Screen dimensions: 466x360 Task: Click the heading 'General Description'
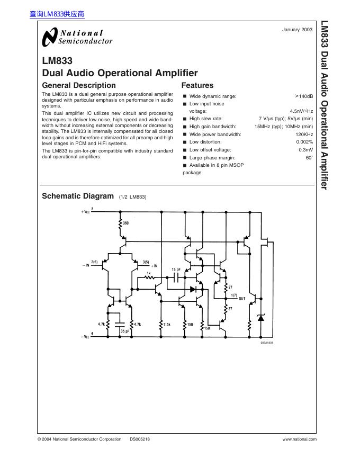pos(78,85)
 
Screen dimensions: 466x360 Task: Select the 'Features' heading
pos(197,85)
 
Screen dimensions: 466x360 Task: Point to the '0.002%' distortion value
pos(304,142)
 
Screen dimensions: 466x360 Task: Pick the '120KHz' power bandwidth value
pos(304,135)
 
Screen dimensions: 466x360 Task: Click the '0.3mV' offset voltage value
pos(305,150)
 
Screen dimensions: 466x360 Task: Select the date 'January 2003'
pos(297,30)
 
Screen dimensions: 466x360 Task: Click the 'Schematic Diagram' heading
pos(78,196)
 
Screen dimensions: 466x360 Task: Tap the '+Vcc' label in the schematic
pos(86,212)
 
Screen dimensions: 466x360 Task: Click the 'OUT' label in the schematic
pos(242,299)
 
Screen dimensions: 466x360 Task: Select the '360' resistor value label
pos(126,223)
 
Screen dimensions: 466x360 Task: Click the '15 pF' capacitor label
pos(176,270)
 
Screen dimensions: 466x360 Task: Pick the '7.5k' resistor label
pos(167,324)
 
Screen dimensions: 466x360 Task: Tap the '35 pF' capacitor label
pos(125,331)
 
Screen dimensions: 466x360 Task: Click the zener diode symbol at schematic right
pos(260,317)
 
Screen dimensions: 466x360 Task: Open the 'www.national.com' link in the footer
pos(299,439)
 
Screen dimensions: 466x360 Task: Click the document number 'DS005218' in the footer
pos(140,439)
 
